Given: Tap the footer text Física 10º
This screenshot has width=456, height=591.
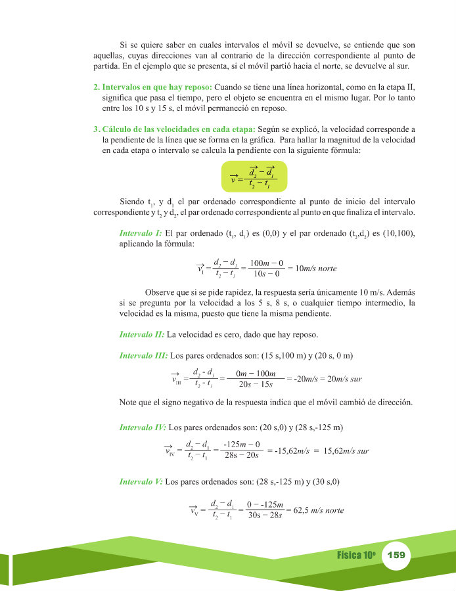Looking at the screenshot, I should pos(356,555).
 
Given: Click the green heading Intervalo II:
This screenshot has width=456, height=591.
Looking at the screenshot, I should pos(142,334).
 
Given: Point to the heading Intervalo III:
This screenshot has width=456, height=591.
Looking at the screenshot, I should pos(143,356).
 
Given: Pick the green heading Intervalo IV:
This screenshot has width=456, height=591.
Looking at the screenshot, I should pos(143,427).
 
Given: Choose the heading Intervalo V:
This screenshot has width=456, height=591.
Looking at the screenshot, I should pos(141,481).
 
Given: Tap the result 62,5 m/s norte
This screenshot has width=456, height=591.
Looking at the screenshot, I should pos(318,510).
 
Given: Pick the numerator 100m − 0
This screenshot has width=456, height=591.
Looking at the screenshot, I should pos(267,263).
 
